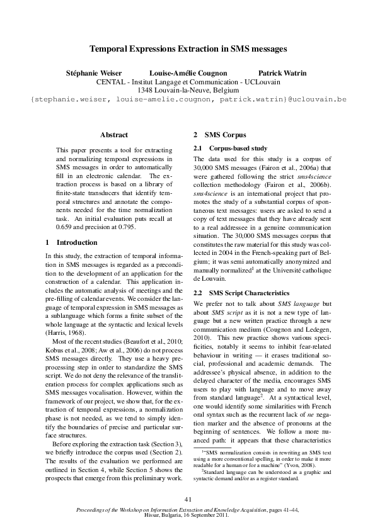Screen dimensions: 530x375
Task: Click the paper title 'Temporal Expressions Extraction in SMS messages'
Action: (x=187, y=48)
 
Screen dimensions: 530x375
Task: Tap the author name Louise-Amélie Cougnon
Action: (x=188, y=73)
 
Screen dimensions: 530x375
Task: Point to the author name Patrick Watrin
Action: (x=282, y=73)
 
